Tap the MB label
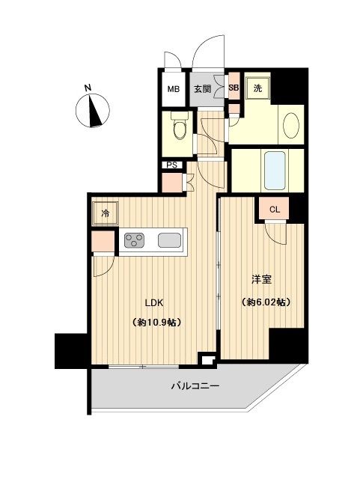point(173,89)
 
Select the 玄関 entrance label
point(202,89)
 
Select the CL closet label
point(274,210)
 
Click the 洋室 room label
point(261,280)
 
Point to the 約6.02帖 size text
point(265,302)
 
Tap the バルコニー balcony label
point(195,387)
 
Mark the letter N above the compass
point(88,88)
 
